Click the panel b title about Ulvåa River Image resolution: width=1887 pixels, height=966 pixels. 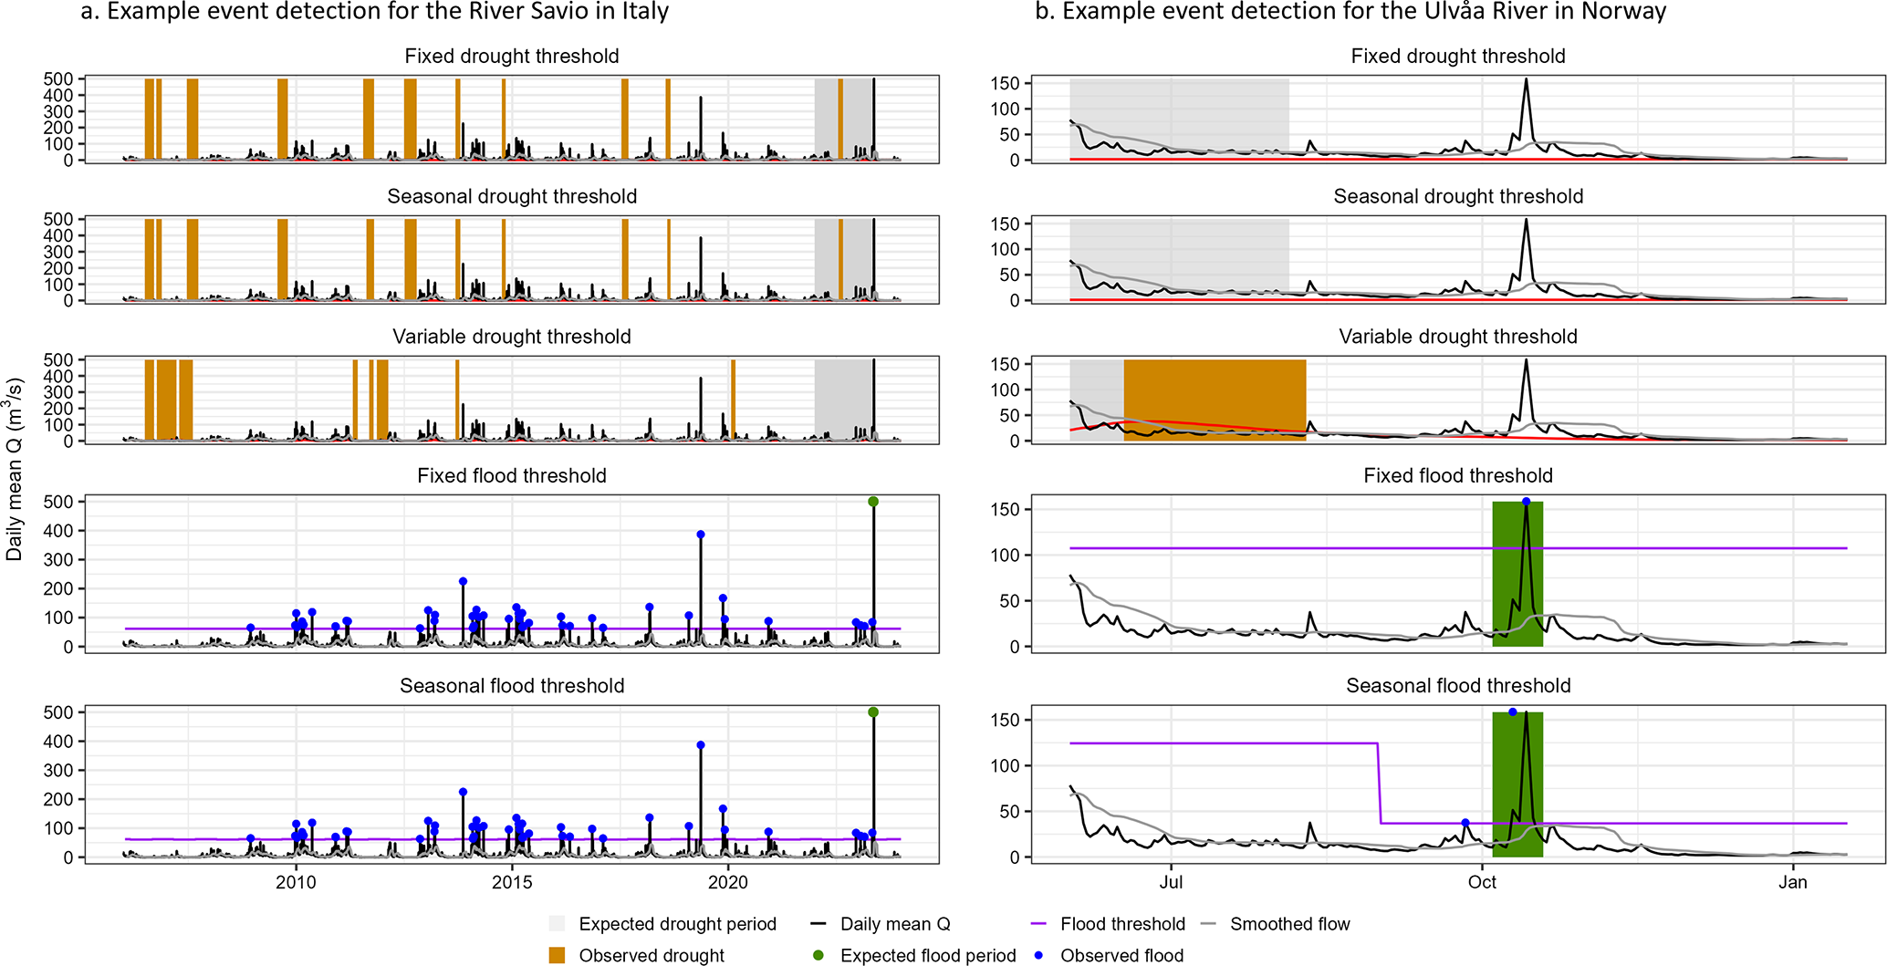[x=1350, y=12]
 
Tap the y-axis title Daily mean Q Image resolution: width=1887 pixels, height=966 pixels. [x=15, y=469]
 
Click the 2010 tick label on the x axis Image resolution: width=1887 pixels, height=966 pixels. [x=296, y=882]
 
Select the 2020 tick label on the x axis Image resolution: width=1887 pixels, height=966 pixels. [x=728, y=882]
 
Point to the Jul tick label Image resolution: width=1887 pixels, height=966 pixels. [x=1171, y=882]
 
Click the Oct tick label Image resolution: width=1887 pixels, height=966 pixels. [x=1482, y=882]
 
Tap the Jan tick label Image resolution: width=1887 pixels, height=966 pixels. [x=1793, y=882]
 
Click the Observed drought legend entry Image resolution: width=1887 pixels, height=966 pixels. [x=652, y=955]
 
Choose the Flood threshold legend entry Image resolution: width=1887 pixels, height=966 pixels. [x=1122, y=924]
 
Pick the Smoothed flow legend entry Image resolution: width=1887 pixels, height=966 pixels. [x=1289, y=924]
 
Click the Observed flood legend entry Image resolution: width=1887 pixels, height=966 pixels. [x=1121, y=955]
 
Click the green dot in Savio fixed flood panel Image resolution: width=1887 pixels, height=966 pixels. [x=873, y=502]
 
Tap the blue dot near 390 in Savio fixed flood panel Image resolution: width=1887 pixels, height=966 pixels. [x=701, y=535]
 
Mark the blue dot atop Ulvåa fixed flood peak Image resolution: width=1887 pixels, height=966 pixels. [x=1527, y=502]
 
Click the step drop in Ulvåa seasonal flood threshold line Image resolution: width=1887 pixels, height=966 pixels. [x=1379, y=784]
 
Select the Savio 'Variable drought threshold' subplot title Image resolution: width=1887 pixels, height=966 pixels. [x=512, y=337]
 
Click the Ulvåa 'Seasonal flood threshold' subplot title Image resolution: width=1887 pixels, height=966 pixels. [x=1458, y=686]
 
